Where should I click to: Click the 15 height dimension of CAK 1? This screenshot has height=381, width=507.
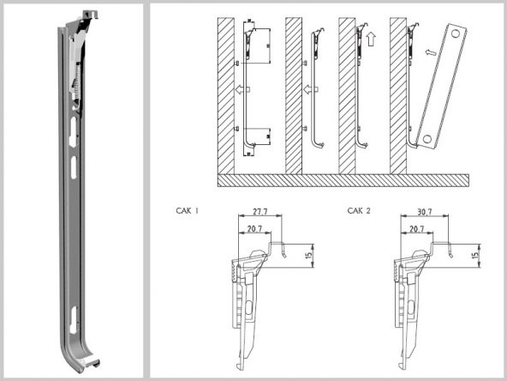point(307,254)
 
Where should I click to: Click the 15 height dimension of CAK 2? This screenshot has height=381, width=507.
point(474,254)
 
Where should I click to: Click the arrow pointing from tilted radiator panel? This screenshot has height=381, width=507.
point(431,51)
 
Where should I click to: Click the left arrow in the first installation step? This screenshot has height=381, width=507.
point(241,89)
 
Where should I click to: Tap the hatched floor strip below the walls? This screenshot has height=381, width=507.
point(343,179)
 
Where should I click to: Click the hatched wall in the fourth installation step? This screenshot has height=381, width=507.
point(397,94)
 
